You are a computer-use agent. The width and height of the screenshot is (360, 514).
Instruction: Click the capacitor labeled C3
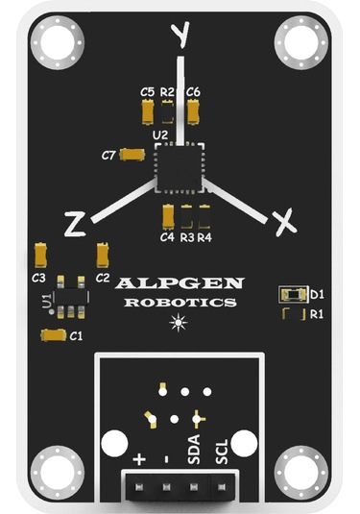point(42,255)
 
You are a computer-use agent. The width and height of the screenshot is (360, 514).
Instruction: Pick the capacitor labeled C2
point(102,255)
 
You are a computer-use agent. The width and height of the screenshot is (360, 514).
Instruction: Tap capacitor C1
point(51,335)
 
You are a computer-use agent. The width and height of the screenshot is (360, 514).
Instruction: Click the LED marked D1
point(291,294)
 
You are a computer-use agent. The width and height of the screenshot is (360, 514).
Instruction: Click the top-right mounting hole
point(300,43)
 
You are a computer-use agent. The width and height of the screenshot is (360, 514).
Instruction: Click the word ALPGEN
point(180,284)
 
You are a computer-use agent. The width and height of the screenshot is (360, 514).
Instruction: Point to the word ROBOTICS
point(180,303)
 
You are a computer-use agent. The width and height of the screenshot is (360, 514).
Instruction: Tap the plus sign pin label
point(140,459)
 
